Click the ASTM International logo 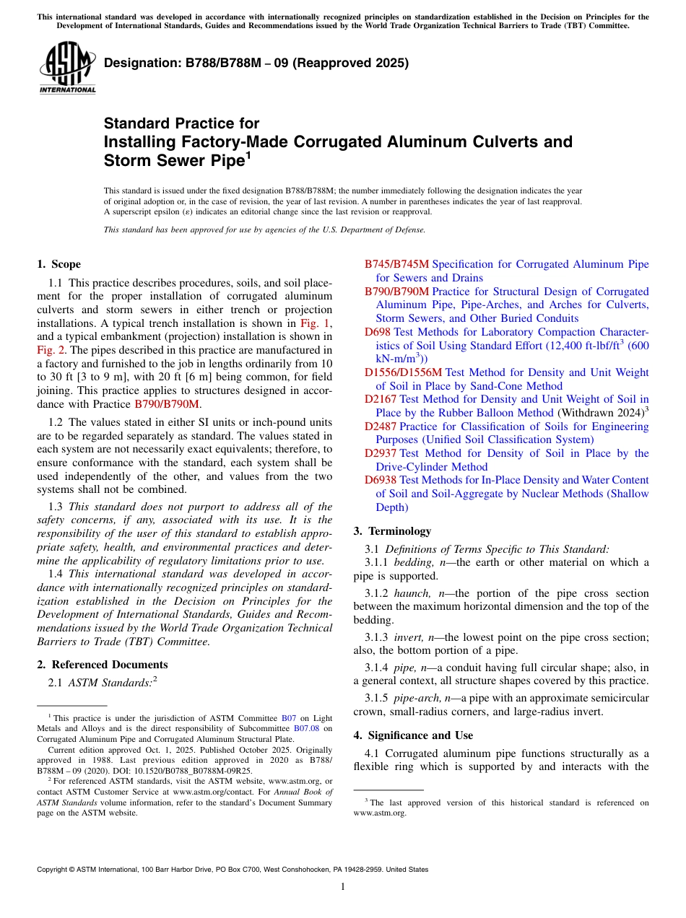point(67,68)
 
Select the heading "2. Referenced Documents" point(102,665)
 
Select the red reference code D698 point(377,332)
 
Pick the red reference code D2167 point(381,399)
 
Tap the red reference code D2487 point(381,427)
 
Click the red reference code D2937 point(381,453)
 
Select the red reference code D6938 point(381,480)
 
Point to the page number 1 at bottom point(343,887)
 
